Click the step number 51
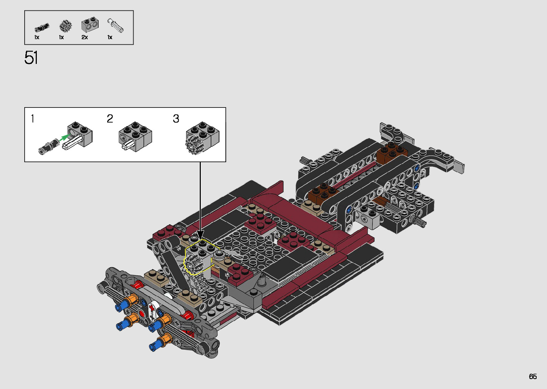tap(31, 58)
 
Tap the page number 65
tap(533, 376)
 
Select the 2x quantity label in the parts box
tap(85, 37)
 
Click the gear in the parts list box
tap(65, 26)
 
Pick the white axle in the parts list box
tap(115, 25)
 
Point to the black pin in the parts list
tap(42, 27)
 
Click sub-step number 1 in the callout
tap(33, 119)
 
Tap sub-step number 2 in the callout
tap(110, 119)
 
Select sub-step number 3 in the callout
tap(176, 119)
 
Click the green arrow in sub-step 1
tap(64, 138)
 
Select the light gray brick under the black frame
tap(369, 218)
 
